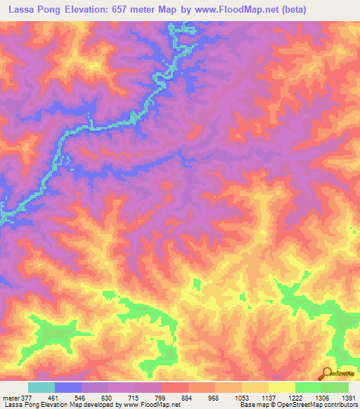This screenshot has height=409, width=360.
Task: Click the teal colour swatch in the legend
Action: coord(41,387)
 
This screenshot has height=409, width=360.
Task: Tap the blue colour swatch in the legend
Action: coord(68,387)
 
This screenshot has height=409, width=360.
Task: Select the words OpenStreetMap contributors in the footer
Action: coord(329,405)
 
